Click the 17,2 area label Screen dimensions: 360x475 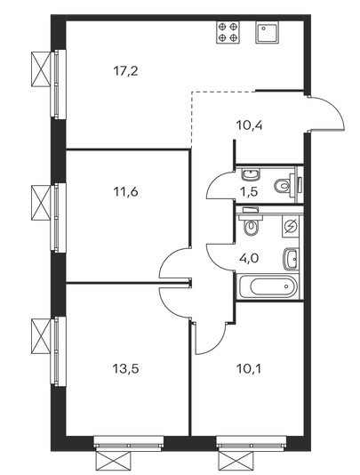[x=125, y=71]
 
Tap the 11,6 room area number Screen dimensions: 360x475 [x=125, y=192]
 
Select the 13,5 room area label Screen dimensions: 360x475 [x=125, y=369]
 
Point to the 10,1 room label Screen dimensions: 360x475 [x=248, y=369]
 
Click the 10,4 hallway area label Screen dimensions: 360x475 [x=249, y=125]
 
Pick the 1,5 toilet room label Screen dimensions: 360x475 [x=250, y=192]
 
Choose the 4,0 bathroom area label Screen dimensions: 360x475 [x=250, y=259]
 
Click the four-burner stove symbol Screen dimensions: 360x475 [x=228, y=32]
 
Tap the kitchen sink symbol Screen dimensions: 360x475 [x=267, y=32]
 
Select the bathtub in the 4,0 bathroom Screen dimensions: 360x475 [x=268, y=286]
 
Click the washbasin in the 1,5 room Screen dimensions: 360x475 [x=251, y=174]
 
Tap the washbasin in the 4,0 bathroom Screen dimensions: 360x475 [x=291, y=259]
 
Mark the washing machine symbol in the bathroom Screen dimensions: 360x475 [x=291, y=226]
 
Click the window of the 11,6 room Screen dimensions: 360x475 [x=58, y=217]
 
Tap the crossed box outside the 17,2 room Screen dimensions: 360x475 [x=41, y=69]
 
